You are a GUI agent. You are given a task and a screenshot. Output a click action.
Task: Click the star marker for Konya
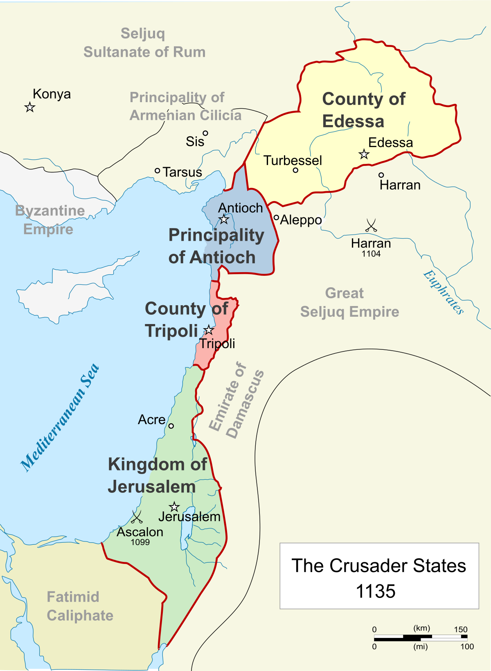(29, 107)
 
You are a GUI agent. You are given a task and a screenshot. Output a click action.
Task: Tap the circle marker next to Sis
(205, 133)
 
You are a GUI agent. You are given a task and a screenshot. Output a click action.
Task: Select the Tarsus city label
(182, 172)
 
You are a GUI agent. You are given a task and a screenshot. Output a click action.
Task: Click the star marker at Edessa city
(364, 154)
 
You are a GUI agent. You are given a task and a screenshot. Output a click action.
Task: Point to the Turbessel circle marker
(295, 170)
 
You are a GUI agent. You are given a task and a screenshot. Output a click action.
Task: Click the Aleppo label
(301, 220)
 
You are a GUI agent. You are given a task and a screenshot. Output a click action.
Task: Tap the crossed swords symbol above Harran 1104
(371, 225)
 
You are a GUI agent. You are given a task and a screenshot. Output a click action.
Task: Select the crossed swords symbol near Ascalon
(136, 517)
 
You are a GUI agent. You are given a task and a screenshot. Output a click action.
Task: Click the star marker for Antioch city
(224, 219)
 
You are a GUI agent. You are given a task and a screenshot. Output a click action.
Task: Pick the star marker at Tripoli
(209, 330)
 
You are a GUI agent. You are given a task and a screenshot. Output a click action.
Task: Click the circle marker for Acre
(171, 426)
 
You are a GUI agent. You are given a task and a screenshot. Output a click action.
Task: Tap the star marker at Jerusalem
(174, 507)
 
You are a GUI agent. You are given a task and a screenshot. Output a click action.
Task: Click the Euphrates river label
(444, 292)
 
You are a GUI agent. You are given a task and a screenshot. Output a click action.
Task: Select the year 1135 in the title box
(376, 591)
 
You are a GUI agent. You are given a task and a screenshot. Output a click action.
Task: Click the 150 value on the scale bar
(460, 629)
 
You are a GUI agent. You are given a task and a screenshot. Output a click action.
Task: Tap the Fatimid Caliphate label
(80, 606)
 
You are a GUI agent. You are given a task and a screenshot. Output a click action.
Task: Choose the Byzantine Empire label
(50, 220)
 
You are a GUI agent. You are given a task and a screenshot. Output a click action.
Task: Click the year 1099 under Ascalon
(140, 542)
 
